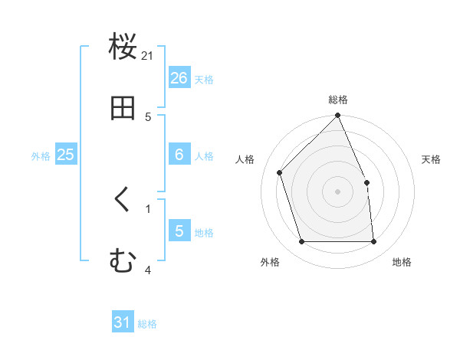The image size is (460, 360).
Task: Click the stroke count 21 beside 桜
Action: [x=148, y=56]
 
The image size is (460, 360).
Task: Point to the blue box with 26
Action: [x=179, y=77]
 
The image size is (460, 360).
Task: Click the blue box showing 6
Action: [x=179, y=155]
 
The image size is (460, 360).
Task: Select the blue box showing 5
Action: [x=179, y=231]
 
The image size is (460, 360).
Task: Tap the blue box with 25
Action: [x=65, y=155]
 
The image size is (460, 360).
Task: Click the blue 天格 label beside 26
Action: [x=204, y=80]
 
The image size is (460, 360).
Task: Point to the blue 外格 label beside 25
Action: [x=41, y=156]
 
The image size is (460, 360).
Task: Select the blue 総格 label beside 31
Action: [x=147, y=324]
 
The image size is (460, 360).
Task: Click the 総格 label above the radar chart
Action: [x=338, y=100]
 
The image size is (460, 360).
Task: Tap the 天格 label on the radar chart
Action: [x=432, y=159]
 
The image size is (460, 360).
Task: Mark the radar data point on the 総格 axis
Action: [x=338, y=116]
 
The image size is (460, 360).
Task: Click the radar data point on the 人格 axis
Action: [x=280, y=172]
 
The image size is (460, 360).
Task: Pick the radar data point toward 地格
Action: [x=374, y=242]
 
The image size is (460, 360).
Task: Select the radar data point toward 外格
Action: [x=302, y=242]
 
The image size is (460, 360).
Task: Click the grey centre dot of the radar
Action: [x=338, y=191]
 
